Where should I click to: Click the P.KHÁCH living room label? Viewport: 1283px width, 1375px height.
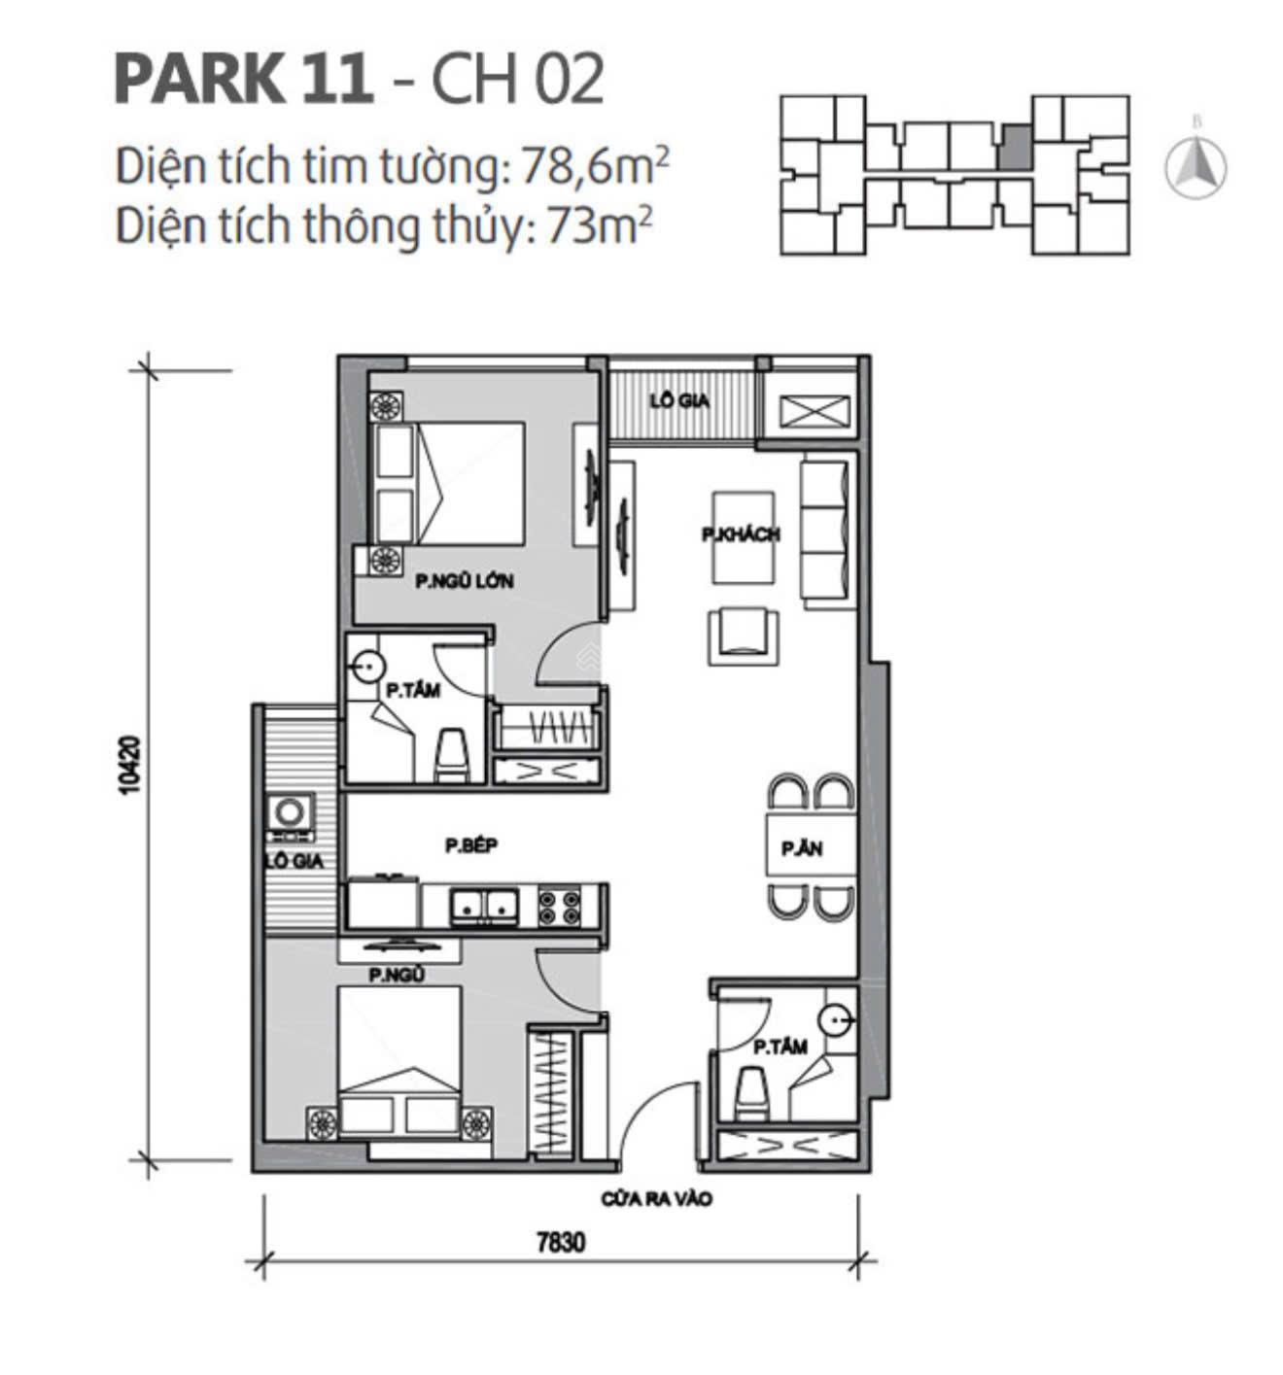741,534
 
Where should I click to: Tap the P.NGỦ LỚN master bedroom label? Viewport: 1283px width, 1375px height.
464,581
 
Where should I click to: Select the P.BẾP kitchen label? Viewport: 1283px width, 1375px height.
471,845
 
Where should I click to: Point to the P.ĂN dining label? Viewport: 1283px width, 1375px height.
802,848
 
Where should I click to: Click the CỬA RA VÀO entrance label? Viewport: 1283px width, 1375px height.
656,1199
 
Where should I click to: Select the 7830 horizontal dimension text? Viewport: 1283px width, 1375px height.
561,1242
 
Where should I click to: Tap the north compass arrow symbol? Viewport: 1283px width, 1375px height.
1196,166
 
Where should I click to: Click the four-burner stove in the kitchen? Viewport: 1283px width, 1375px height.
559,907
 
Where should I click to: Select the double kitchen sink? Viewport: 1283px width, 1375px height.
482,906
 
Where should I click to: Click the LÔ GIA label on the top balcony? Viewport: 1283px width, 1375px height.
679,399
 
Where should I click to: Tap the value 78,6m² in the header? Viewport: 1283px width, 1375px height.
595,167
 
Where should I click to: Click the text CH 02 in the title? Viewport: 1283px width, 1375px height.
517,80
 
